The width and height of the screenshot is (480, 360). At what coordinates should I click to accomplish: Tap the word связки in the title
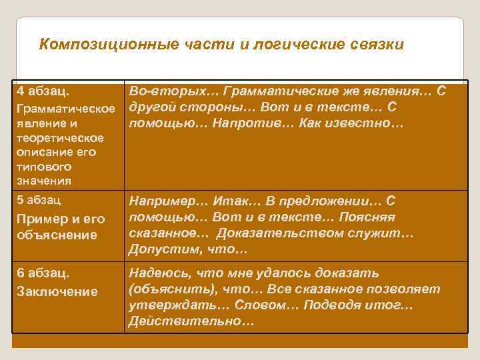click(376, 45)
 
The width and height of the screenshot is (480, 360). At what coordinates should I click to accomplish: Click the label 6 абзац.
click(43, 273)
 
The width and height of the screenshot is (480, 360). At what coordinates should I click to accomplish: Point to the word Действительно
click(192, 322)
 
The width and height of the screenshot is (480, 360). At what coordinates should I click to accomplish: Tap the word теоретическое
click(61, 138)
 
